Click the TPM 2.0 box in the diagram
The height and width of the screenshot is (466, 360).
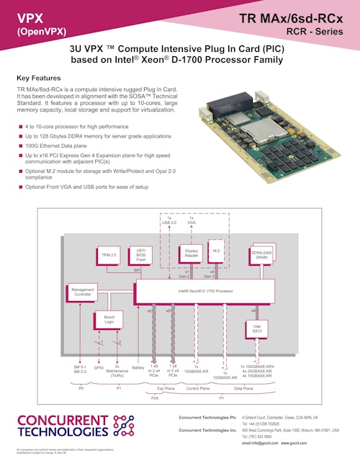(109, 255)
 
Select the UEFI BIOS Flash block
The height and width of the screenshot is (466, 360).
(142, 254)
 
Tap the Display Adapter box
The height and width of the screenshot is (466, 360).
(192, 254)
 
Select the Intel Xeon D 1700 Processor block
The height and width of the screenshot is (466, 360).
(205, 292)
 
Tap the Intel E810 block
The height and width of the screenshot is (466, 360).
(257, 328)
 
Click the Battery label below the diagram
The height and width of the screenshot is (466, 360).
(138, 367)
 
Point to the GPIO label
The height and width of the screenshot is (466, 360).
(99, 367)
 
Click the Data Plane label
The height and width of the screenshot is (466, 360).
(243, 388)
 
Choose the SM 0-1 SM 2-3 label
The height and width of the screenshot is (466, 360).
(80, 369)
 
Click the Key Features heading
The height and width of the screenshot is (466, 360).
(38, 77)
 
